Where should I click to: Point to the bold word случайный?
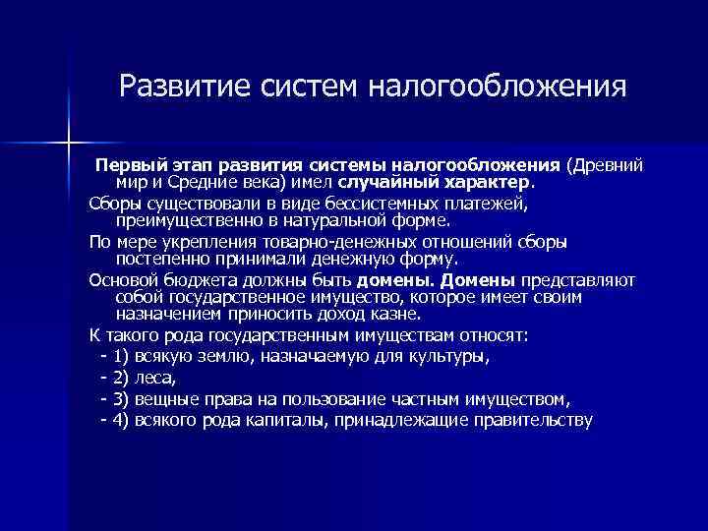pyautogui.click(x=383, y=181)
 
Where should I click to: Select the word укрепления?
pyautogui.click(x=209, y=242)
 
